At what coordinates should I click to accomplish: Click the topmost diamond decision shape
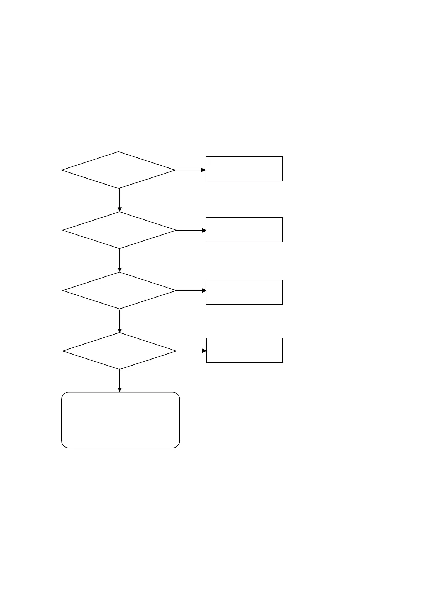(x=119, y=170)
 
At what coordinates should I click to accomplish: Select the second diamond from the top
(x=120, y=230)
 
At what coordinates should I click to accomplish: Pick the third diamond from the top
(x=120, y=290)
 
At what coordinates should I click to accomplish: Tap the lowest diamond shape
(x=120, y=351)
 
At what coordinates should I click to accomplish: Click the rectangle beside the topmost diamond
(x=244, y=169)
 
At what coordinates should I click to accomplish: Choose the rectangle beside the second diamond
(x=244, y=229)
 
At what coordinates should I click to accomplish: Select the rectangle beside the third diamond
(x=244, y=292)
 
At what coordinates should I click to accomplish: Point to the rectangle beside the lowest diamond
(x=244, y=350)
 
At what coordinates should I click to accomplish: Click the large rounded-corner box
(x=120, y=420)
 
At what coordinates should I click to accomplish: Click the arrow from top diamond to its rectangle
(x=191, y=170)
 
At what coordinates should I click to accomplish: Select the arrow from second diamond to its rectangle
(x=191, y=231)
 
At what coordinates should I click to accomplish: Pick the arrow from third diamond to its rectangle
(x=191, y=290)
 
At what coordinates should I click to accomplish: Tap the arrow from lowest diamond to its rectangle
(x=192, y=351)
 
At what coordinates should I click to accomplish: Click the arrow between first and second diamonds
(x=120, y=200)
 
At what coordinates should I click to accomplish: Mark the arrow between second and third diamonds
(x=120, y=260)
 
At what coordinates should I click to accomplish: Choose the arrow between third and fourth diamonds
(x=120, y=321)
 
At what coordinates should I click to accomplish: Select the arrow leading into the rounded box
(x=120, y=381)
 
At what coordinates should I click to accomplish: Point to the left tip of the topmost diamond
(x=62, y=170)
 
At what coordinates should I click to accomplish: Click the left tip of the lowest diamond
(x=63, y=351)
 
